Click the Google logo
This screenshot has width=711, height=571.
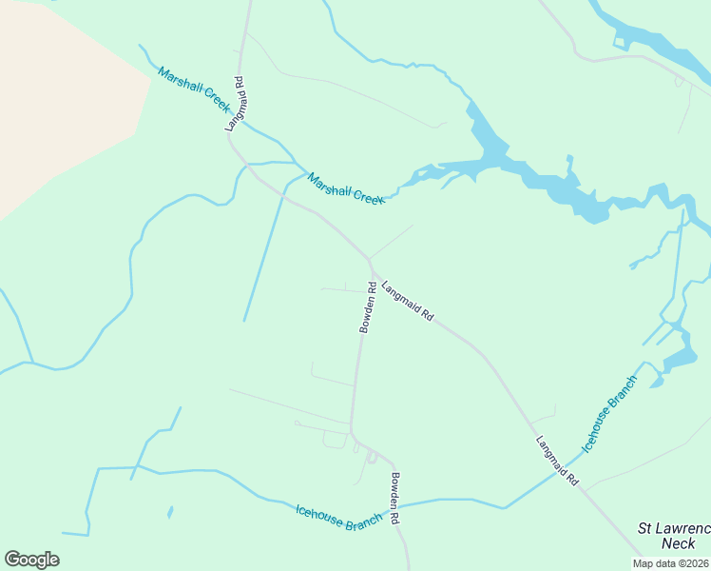pyautogui.click(x=31, y=560)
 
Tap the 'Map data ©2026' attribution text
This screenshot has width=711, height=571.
pyautogui.click(x=670, y=563)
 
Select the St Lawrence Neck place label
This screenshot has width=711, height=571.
pyautogui.click(x=673, y=535)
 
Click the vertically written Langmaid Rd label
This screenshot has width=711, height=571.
pyautogui.click(x=235, y=104)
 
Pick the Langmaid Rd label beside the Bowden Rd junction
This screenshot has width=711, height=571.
pyautogui.click(x=408, y=299)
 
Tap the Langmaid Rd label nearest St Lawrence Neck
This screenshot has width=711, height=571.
pyautogui.click(x=557, y=462)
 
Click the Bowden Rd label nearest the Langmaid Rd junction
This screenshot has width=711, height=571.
pyautogui.click(x=367, y=307)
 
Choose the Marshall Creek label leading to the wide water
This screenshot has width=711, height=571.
pyautogui.click(x=346, y=187)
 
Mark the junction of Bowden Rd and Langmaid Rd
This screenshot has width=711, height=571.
pyautogui.click(x=371, y=266)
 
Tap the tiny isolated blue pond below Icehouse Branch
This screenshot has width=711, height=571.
pyautogui.click(x=170, y=512)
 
